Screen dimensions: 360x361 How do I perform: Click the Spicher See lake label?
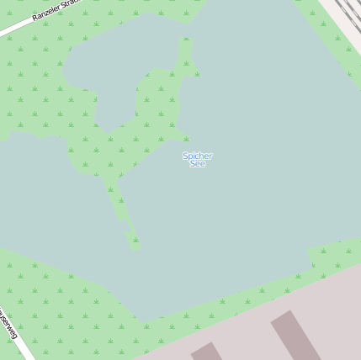coord(198,160)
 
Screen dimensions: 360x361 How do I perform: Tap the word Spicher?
coord(198,156)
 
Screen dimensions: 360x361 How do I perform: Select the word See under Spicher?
coord(198,164)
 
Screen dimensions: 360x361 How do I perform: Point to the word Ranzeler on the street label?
coord(47,12)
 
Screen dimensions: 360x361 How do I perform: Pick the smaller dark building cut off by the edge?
coord(206,351)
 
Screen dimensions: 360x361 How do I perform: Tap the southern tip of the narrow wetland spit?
coord(134,246)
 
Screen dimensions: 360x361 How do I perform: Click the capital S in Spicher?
coord(185,156)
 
